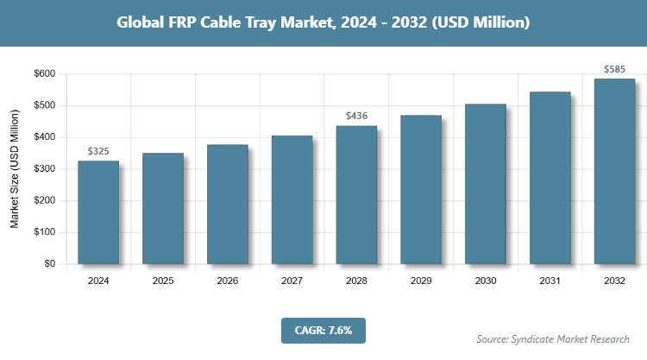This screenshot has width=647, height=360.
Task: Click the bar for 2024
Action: tap(97, 212)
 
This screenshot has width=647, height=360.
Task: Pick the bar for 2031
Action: tap(550, 178)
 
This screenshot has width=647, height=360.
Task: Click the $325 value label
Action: tap(98, 151)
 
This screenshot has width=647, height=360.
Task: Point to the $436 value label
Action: tap(356, 116)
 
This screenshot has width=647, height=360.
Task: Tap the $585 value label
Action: tap(614, 68)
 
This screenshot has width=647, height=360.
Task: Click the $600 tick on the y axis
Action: tap(44, 74)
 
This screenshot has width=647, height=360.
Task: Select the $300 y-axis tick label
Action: tap(44, 169)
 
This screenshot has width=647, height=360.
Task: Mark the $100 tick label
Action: tap(44, 232)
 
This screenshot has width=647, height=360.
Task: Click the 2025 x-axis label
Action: tap(162, 281)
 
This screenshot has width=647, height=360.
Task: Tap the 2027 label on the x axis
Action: tap(292, 281)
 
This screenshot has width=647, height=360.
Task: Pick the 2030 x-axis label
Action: tap(485, 281)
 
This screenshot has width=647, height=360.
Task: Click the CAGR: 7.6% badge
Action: tap(323, 329)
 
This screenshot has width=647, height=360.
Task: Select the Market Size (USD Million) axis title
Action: tap(15, 169)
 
